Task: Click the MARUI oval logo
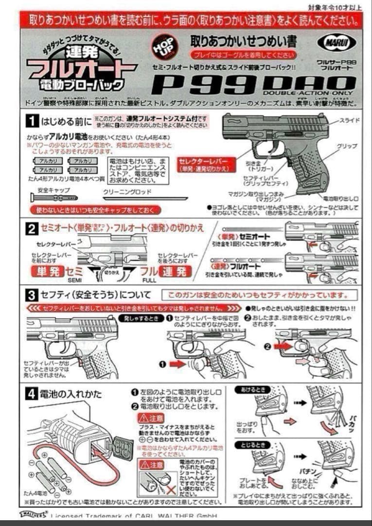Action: coord(337,42)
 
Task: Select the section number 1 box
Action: coord(32,120)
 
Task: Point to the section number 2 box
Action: coord(32,228)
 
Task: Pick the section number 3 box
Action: coord(32,295)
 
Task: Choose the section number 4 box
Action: coord(32,394)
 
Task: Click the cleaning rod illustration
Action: coord(145,198)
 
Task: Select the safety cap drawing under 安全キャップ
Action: coord(53,198)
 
